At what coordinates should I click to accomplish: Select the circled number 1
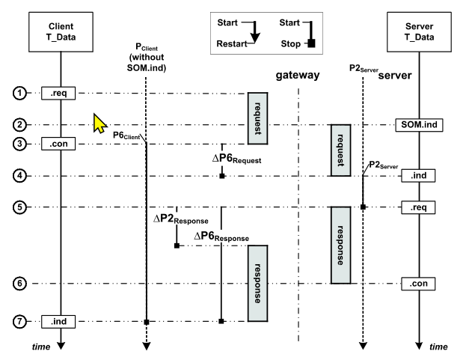click(x=20, y=93)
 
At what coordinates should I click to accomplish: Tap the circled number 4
click(x=20, y=175)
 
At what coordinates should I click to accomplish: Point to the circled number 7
click(x=20, y=321)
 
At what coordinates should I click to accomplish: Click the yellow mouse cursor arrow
click(x=100, y=123)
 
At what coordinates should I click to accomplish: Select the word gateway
click(x=299, y=76)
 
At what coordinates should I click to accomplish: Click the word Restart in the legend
click(x=231, y=43)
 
